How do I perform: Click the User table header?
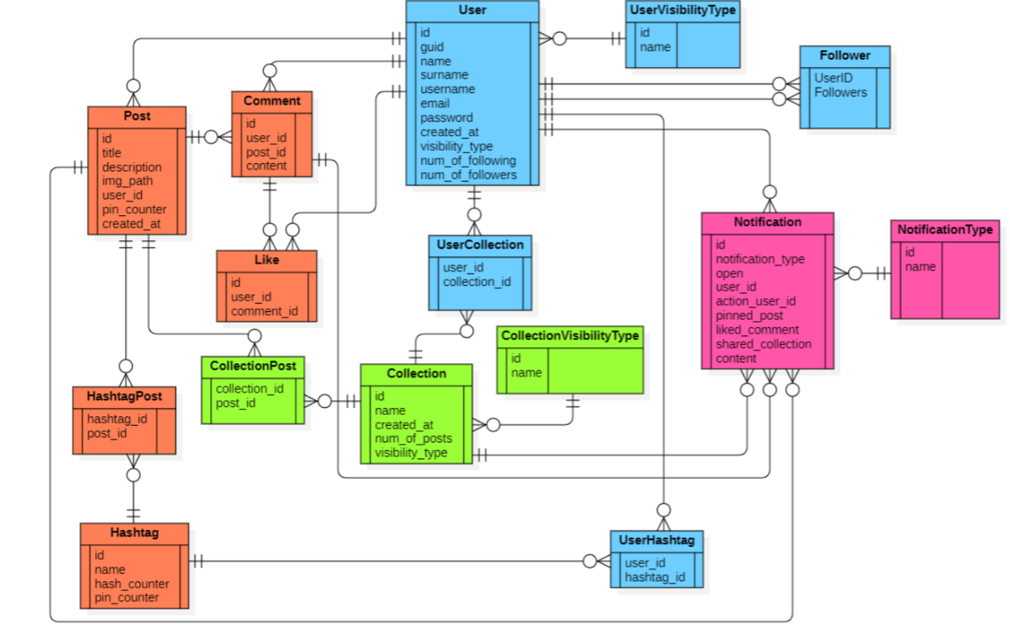472,11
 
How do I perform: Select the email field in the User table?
435,103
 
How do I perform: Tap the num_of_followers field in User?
468,175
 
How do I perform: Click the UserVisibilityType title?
682,11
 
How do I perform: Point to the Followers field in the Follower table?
840,92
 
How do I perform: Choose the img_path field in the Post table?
127,181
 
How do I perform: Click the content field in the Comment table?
266,166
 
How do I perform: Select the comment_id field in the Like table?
264,311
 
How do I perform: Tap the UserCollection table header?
480,245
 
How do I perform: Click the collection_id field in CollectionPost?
249,388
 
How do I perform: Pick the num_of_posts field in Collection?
413,439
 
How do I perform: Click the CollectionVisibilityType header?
570,336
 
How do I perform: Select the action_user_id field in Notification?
755,301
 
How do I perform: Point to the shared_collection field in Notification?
763,344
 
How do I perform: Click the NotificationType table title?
944,230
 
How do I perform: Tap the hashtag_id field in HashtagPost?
117,419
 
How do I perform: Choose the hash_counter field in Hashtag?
131,584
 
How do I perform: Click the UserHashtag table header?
656,540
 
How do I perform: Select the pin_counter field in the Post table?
134,209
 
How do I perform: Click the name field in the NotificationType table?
920,266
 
